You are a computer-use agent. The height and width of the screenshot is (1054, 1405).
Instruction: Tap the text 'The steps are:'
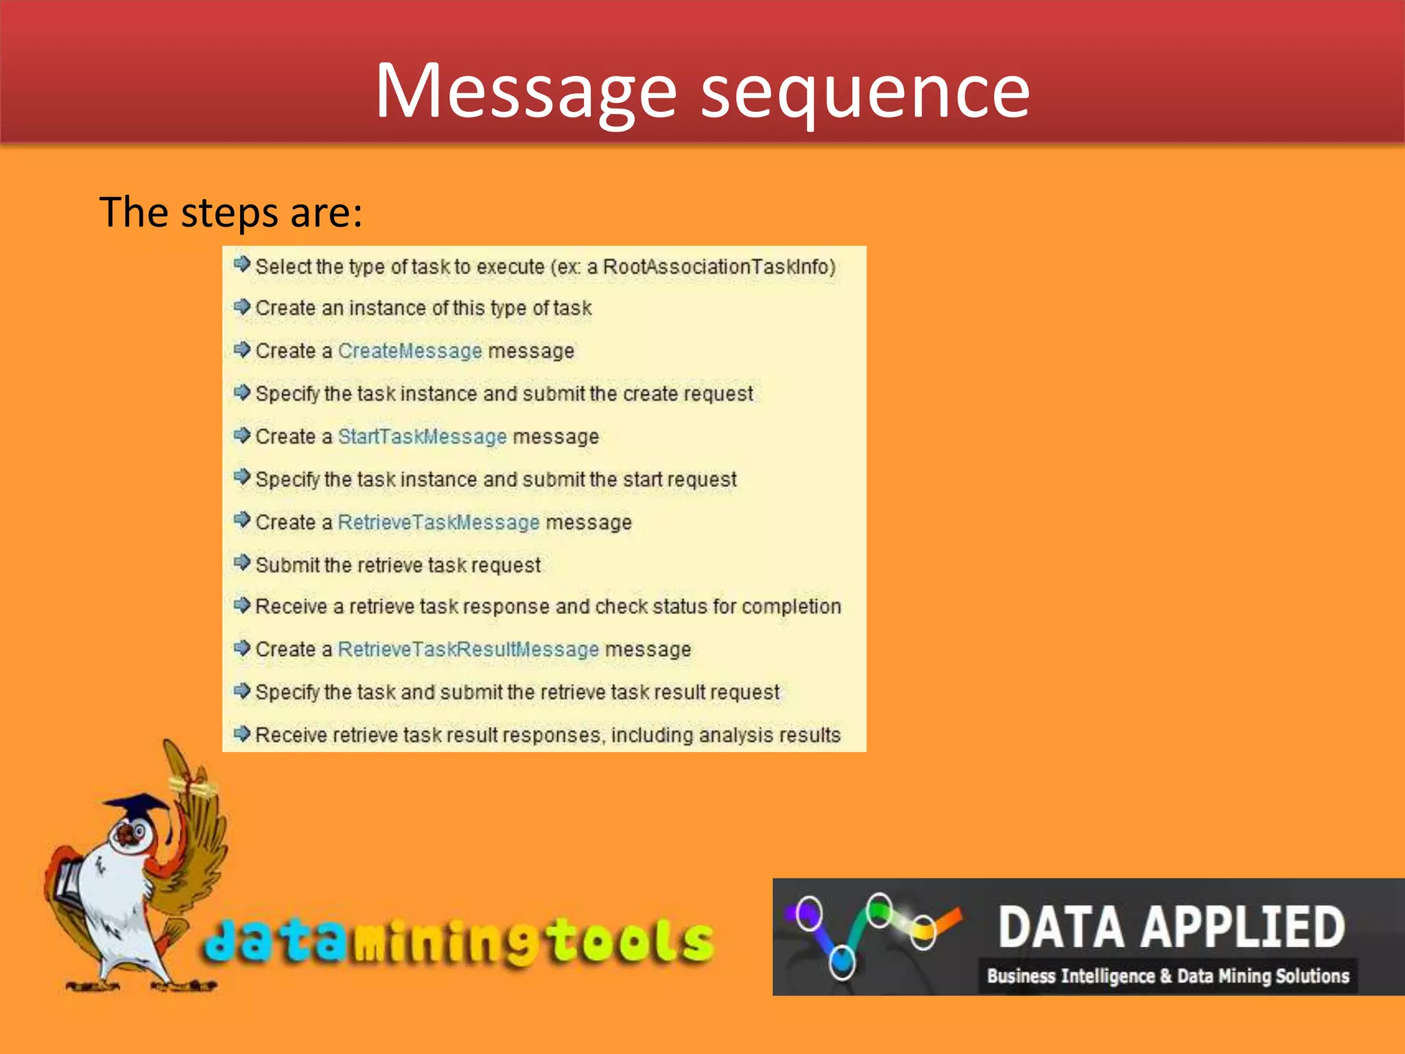(x=231, y=212)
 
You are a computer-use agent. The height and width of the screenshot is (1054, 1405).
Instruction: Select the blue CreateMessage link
(x=410, y=351)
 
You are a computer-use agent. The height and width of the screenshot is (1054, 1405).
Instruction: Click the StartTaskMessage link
(x=422, y=436)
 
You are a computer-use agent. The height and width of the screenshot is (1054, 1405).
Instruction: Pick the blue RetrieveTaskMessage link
(x=438, y=522)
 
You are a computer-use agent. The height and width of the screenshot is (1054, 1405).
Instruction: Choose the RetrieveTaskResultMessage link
(x=468, y=649)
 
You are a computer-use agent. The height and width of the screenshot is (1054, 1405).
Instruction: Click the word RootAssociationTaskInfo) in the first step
(x=719, y=266)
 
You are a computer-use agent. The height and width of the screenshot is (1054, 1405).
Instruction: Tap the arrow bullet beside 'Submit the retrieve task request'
(x=241, y=563)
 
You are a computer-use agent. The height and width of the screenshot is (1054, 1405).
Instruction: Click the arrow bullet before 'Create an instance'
(x=241, y=307)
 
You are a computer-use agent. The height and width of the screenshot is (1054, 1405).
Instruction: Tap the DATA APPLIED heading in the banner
(x=1170, y=927)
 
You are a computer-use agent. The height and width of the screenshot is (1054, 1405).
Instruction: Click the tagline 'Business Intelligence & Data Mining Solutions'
(x=1168, y=976)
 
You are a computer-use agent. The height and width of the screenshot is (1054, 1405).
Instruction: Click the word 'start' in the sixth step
(x=643, y=480)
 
